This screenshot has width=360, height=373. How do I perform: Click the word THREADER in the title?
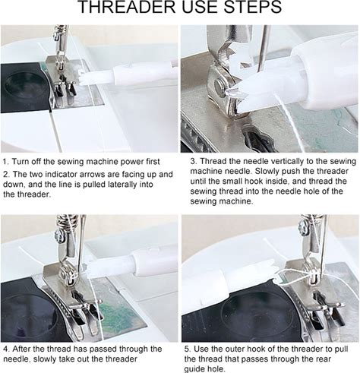(126, 7)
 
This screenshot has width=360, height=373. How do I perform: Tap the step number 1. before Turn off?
(5, 162)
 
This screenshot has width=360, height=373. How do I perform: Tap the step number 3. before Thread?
(194, 161)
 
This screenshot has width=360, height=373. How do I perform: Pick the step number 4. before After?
(7, 349)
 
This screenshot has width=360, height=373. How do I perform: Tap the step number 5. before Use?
(188, 349)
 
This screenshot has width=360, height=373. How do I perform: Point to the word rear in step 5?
(322, 359)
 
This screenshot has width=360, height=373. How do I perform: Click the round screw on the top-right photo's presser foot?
(220, 87)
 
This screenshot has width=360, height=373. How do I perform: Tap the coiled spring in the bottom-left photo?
(68, 222)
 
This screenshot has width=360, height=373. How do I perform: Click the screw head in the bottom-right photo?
(303, 226)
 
